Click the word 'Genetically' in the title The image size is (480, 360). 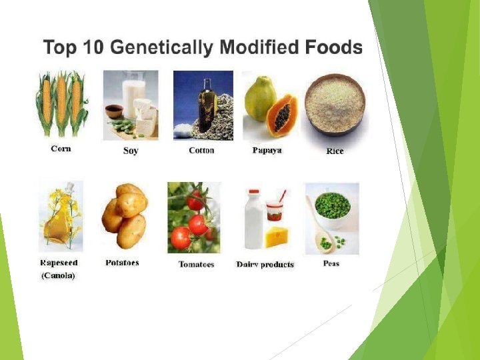pyautogui.click(x=161, y=49)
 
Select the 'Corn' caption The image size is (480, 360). pyautogui.click(x=61, y=149)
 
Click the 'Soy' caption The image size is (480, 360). pyautogui.click(x=131, y=151)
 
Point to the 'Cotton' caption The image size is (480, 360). pyautogui.click(x=201, y=151)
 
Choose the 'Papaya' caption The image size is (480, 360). pyautogui.click(x=267, y=151)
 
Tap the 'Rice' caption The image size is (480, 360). pyautogui.click(x=335, y=151)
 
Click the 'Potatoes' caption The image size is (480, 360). pyautogui.click(x=122, y=263)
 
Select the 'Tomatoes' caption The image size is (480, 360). pyautogui.click(x=196, y=265)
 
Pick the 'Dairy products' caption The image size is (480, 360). pyautogui.click(x=265, y=265)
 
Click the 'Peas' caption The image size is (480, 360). pyautogui.click(x=331, y=263)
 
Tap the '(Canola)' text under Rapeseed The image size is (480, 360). pyautogui.click(x=58, y=275)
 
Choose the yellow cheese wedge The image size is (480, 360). pyautogui.click(x=279, y=237)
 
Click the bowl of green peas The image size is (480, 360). pyautogui.click(x=332, y=207)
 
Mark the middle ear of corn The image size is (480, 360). pyautogui.click(x=61, y=103)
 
